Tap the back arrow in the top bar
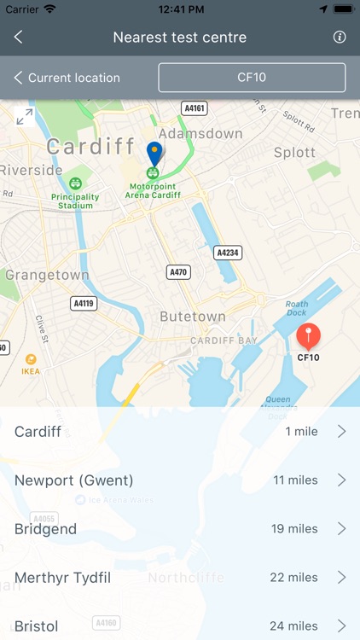point(18,38)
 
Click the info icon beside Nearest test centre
point(340,38)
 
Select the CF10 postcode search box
point(252,78)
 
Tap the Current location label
point(73,78)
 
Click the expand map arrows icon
point(25,117)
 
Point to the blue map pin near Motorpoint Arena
point(154,154)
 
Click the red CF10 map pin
point(308,336)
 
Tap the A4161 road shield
point(195,108)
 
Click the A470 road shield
point(177,271)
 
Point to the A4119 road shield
point(84,303)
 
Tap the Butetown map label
point(193,317)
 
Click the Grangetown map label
point(47,275)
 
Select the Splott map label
point(294,152)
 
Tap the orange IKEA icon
point(31,359)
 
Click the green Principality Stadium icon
point(76,183)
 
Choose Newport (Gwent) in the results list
point(74,480)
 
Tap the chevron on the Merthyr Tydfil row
point(341,578)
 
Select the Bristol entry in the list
point(37,625)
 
